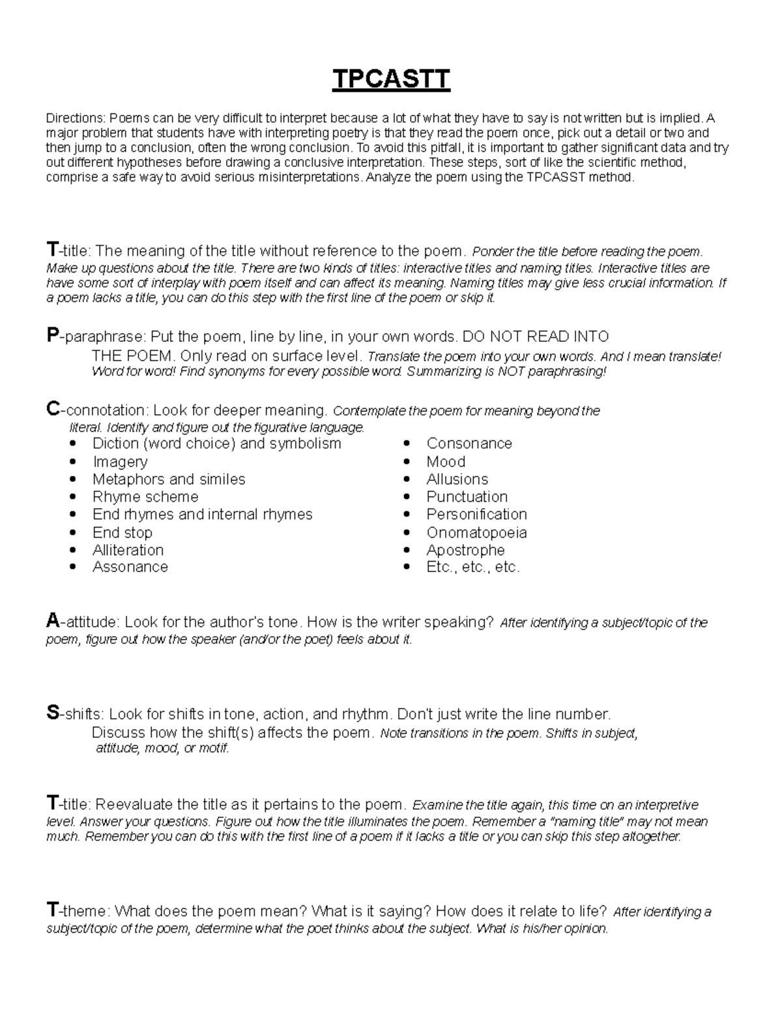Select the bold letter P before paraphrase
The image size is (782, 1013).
pos(51,336)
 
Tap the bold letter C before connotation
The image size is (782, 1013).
pos(52,410)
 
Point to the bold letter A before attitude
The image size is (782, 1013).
pos(52,621)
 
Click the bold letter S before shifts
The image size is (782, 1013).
pos(52,713)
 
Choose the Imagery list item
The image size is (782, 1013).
pos(120,462)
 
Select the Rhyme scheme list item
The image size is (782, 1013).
pos(145,497)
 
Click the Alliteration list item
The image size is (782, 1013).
pos(128,550)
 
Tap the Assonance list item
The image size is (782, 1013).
pos(130,567)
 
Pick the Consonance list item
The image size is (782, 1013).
pos(469,444)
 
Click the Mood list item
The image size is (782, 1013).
pos(446,462)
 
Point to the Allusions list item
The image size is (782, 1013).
pos(457,479)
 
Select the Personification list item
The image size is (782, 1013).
pos(476,515)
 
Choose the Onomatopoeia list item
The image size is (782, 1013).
pos(476,532)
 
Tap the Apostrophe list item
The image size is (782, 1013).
pos(465,550)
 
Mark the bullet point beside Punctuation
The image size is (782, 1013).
pos(407,498)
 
